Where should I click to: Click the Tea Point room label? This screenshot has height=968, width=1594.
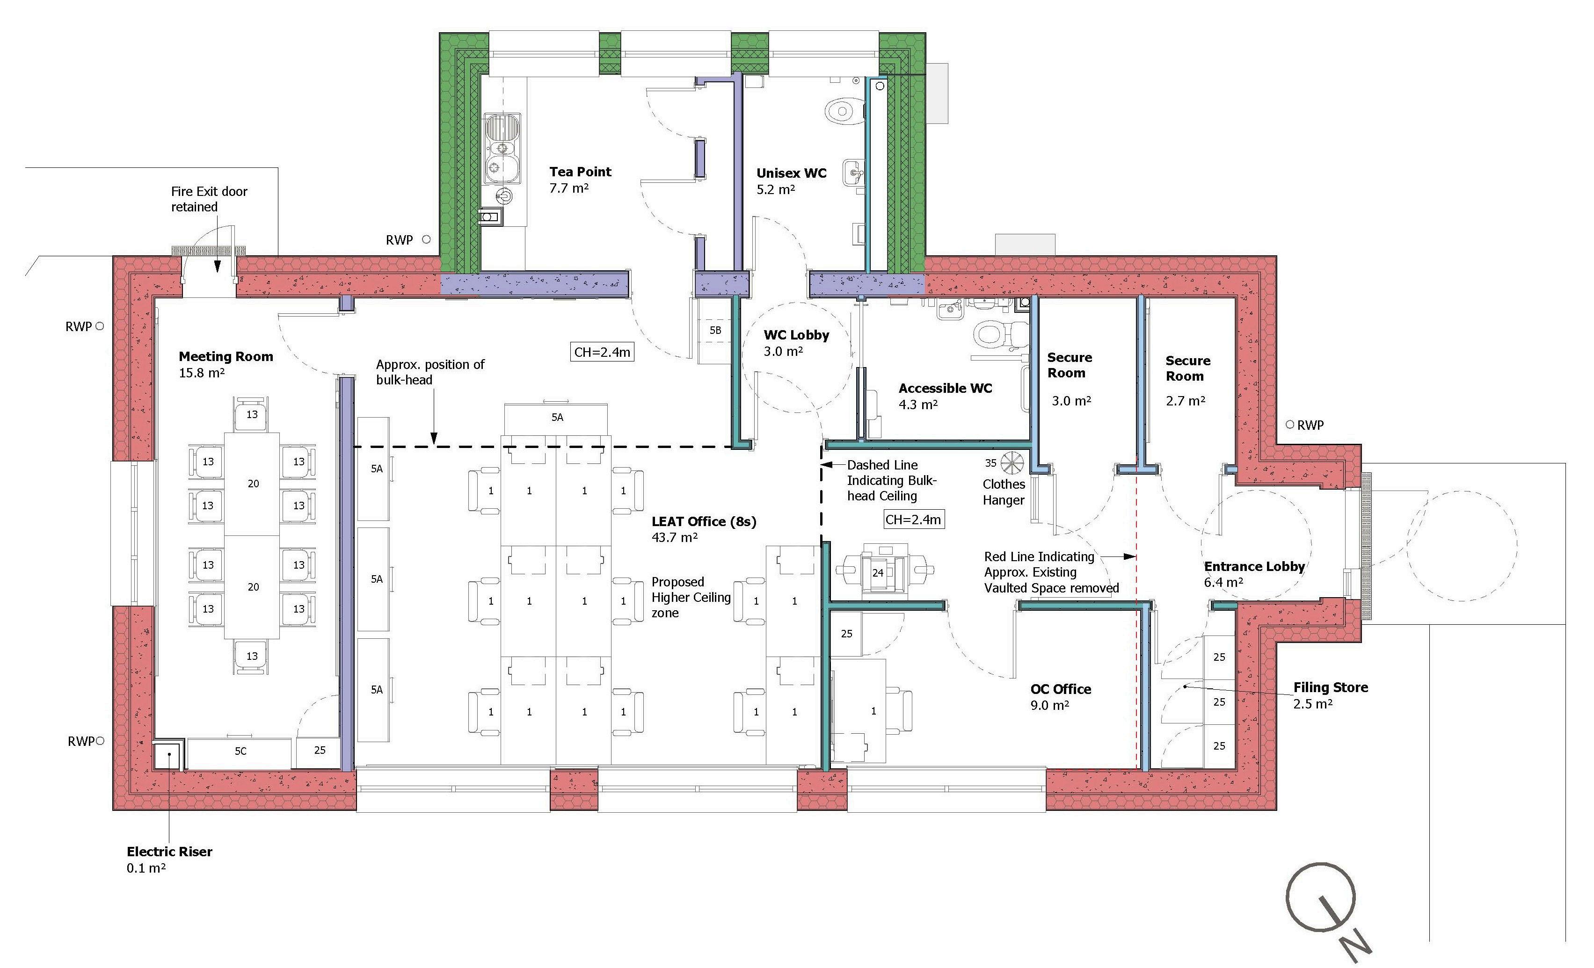tap(580, 172)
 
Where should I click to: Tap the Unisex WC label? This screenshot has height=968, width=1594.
tap(791, 173)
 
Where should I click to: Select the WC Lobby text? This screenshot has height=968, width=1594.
tap(796, 335)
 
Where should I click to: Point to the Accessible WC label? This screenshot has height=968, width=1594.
tap(945, 389)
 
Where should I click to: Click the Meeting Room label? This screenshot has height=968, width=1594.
tap(226, 356)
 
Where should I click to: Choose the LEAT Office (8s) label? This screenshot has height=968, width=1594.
tap(703, 522)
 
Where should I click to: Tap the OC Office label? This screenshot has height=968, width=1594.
tap(1060, 689)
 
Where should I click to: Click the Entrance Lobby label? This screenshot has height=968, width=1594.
tap(1254, 566)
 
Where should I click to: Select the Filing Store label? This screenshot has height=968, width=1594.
tap(1330, 687)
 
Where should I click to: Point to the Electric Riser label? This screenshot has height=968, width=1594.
tap(169, 852)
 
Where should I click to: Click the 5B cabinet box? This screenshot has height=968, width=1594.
tap(715, 331)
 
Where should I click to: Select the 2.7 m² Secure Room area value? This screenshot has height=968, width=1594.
tap(1185, 401)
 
